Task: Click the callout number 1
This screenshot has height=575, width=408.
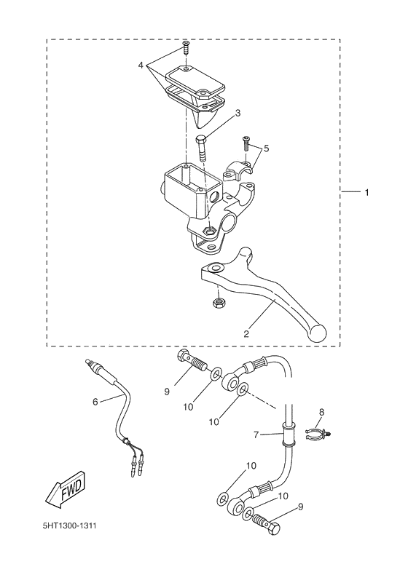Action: (x=367, y=193)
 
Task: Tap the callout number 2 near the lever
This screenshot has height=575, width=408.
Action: (x=246, y=334)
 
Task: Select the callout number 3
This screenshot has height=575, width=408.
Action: (x=237, y=113)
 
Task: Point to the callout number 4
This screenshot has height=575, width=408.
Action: (x=141, y=66)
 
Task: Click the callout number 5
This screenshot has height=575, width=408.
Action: (x=266, y=148)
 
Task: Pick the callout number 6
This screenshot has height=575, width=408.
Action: (x=95, y=401)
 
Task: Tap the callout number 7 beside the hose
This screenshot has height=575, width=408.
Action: (x=256, y=435)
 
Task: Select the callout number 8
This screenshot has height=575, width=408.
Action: (x=321, y=412)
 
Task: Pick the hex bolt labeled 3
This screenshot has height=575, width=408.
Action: (x=202, y=149)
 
